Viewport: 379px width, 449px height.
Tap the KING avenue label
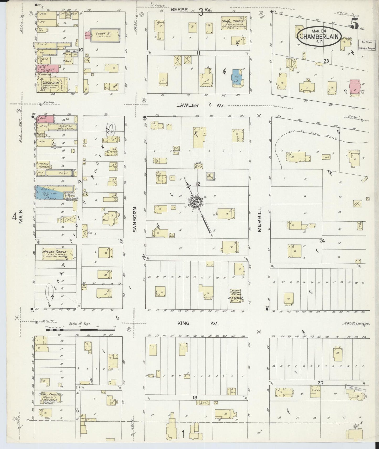(x=183, y=323)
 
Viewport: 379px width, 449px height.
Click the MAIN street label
(x=21, y=217)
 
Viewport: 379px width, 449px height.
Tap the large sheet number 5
(x=355, y=24)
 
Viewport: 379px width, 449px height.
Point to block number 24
(x=322, y=241)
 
